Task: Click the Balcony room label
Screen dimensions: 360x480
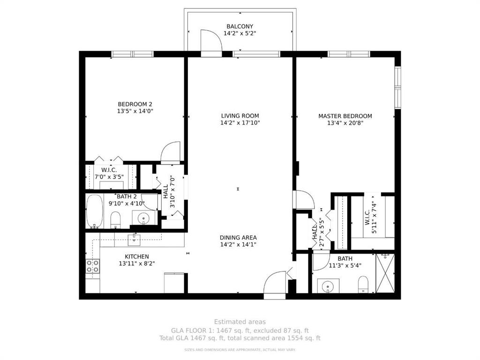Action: (x=240, y=26)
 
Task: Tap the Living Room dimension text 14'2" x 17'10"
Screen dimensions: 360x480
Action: (x=240, y=123)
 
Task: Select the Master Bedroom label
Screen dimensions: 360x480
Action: (x=345, y=116)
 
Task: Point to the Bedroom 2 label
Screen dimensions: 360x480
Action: (x=135, y=104)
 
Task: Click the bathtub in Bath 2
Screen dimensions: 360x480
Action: (x=95, y=211)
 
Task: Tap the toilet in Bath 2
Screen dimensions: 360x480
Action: (x=115, y=219)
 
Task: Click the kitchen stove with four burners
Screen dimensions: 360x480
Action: (x=93, y=266)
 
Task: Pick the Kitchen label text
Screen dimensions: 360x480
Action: (x=137, y=256)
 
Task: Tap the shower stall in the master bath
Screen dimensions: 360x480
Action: (x=385, y=273)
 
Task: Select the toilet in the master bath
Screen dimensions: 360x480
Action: (x=363, y=285)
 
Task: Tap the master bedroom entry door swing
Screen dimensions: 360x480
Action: (x=304, y=200)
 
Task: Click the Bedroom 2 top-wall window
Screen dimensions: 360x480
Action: (x=132, y=54)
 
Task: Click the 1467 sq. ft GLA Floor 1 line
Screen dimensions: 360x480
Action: (x=240, y=330)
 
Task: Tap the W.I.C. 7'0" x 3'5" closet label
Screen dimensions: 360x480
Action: (x=105, y=173)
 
